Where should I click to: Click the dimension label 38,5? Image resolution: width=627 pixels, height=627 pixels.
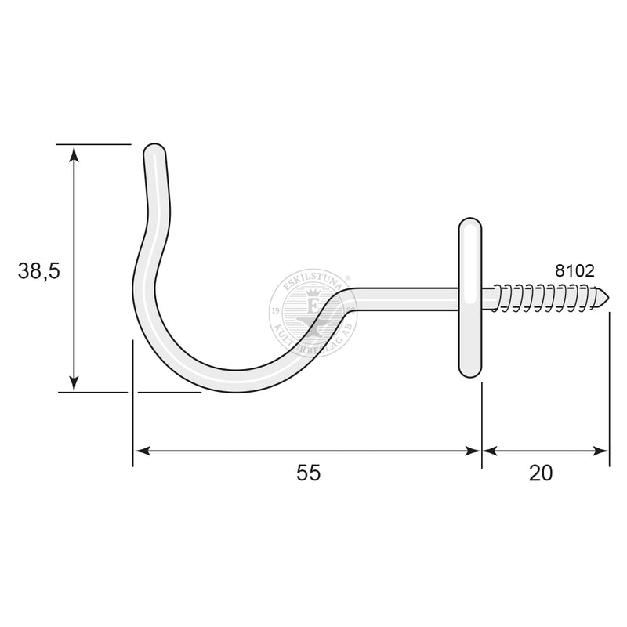pyautogui.click(x=38, y=271)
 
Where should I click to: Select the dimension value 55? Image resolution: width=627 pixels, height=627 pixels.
pyautogui.click(x=309, y=473)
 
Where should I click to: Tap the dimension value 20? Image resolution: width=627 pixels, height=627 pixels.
pyautogui.click(x=541, y=473)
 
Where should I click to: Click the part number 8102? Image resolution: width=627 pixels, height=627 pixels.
pyautogui.click(x=574, y=271)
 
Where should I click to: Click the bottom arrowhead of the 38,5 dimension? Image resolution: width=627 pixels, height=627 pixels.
pyautogui.click(x=74, y=384)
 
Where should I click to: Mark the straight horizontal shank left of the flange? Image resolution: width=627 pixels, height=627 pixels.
pyautogui.click(x=408, y=296)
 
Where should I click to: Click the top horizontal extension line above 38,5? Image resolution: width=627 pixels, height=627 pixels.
pyautogui.click(x=94, y=144)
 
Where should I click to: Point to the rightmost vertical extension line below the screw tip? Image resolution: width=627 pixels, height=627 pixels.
pyautogui.click(x=609, y=392)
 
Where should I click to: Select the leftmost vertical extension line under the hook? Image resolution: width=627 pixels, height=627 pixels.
pyautogui.click(x=133, y=423)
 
